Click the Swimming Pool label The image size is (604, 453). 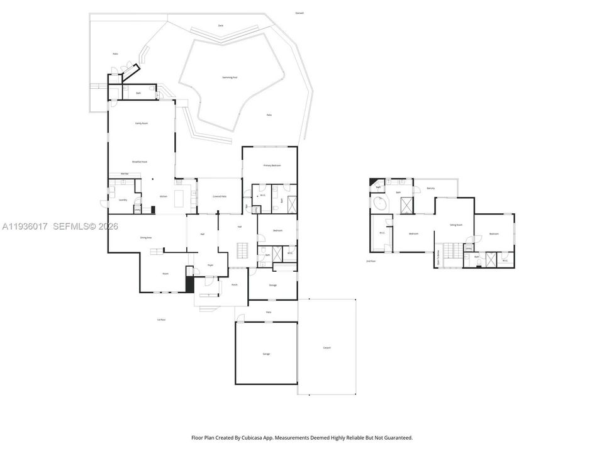pyautogui.click(x=230, y=77)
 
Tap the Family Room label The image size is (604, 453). pyautogui.click(x=142, y=123)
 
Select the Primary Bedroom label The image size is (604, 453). pyautogui.click(x=272, y=165)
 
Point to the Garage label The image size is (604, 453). pyautogui.click(x=266, y=354)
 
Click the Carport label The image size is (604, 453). pyautogui.click(x=327, y=348)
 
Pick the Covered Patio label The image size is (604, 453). pyautogui.click(x=220, y=196)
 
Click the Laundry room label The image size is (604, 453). pyautogui.click(x=123, y=200)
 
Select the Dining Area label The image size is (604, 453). pyautogui.click(x=146, y=237)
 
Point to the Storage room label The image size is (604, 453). pyautogui.click(x=272, y=285)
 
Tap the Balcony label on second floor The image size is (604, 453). pyautogui.click(x=431, y=188)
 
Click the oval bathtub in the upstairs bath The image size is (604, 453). pyautogui.click(x=380, y=204)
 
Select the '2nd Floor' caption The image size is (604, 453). pyautogui.click(x=371, y=260)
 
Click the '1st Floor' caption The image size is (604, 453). pyautogui.click(x=162, y=320)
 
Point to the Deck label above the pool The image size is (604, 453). pyautogui.click(x=221, y=25)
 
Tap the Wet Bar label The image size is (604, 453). pyautogui.click(x=115, y=174)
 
